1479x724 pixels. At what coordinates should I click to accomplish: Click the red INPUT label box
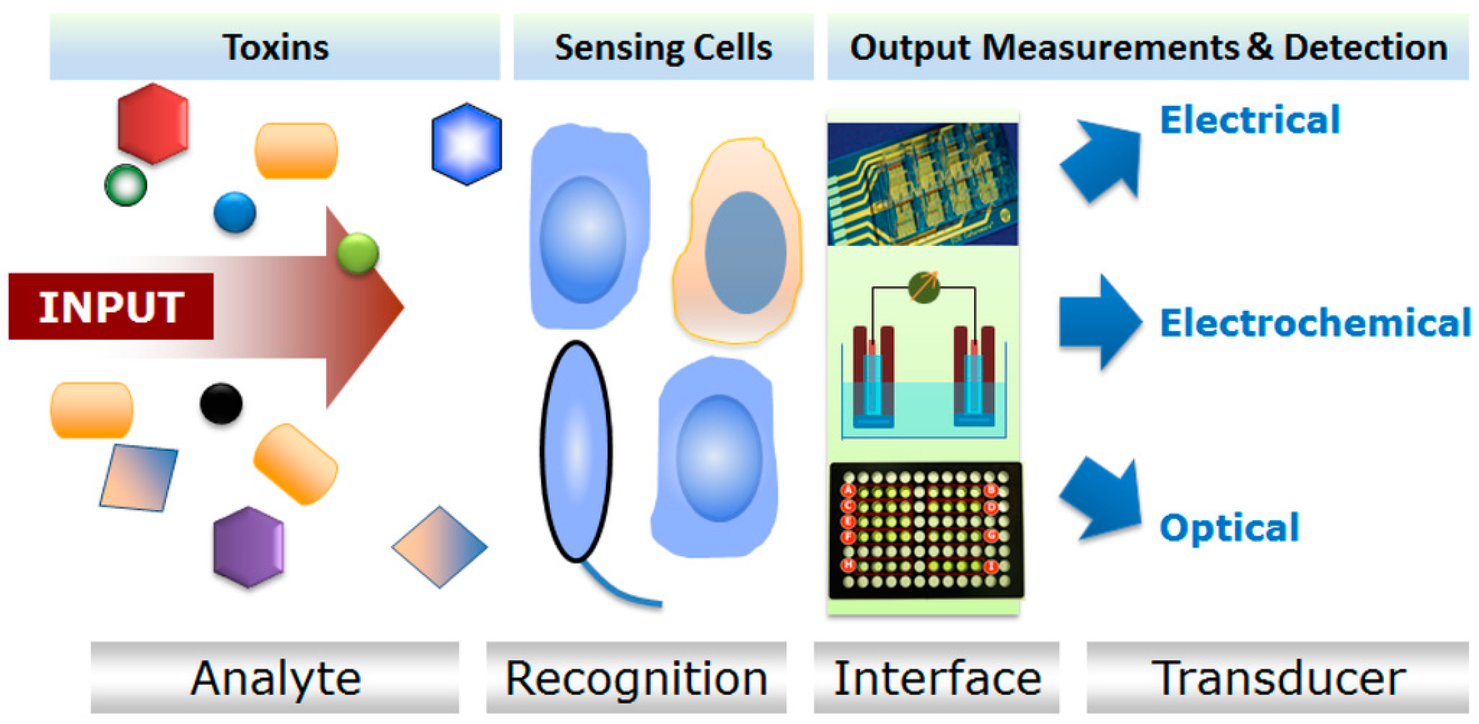[x=111, y=306]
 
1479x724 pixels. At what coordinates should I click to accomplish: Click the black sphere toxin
[x=221, y=403]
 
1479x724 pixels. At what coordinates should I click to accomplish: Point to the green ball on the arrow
[x=358, y=253]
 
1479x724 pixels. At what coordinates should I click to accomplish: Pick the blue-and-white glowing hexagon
[x=466, y=144]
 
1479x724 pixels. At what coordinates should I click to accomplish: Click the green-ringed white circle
[x=126, y=185]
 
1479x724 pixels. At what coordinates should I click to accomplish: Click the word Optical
[x=1229, y=527]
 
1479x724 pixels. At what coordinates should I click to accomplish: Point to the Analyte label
[x=275, y=678]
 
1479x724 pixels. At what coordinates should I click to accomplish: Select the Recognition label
[x=636, y=678]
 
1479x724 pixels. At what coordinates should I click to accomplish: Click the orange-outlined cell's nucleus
[x=745, y=253]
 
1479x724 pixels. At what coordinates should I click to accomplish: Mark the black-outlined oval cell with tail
[x=576, y=451]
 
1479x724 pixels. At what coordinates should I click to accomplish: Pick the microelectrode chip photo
[x=923, y=184]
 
